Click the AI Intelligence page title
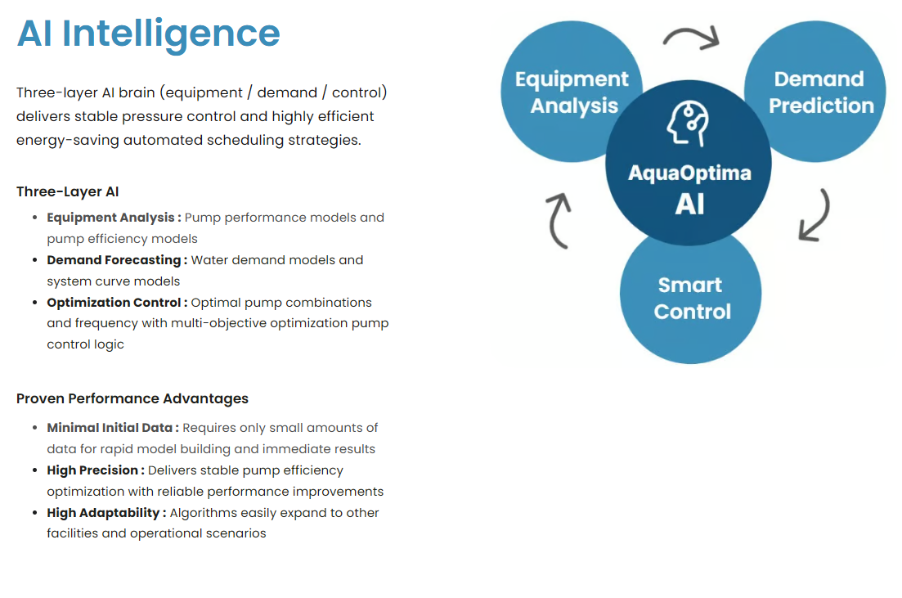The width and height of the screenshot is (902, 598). point(148,34)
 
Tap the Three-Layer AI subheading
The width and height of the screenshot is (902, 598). point(67,191)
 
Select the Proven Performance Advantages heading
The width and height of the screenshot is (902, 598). point(132,398)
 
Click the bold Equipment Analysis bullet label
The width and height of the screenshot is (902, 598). point(114,218)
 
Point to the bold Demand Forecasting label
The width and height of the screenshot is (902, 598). point(117,260)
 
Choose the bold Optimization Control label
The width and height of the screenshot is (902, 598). point(117,303)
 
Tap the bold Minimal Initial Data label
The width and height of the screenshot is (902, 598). point(113,428)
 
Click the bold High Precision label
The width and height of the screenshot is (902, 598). point(96,470)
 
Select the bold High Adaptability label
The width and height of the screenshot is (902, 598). point(106,513)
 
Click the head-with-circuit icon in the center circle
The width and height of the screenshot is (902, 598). point(688,124)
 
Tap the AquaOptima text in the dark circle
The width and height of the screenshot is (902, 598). point(689,173)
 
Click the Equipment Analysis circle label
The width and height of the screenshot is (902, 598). point(572,92)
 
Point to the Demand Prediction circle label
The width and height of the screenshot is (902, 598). point(820,92)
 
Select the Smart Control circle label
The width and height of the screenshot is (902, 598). point(692,298)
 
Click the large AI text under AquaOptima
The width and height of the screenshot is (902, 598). point(689,204)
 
